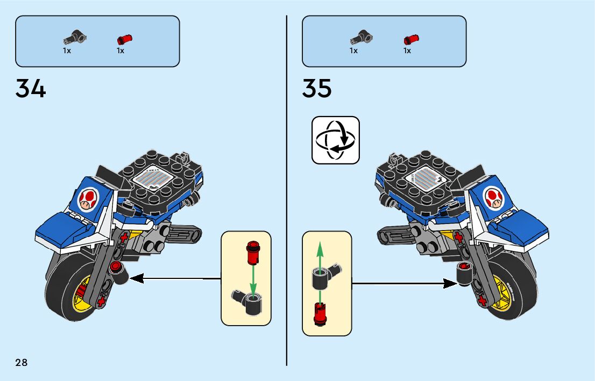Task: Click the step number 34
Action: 31,89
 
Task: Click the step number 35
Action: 317,89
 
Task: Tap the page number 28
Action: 22,362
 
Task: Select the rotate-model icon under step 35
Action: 336,140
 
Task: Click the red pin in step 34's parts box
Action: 124,39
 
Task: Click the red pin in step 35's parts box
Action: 411,39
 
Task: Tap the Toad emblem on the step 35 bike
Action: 494,197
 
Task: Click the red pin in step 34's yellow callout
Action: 252,252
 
